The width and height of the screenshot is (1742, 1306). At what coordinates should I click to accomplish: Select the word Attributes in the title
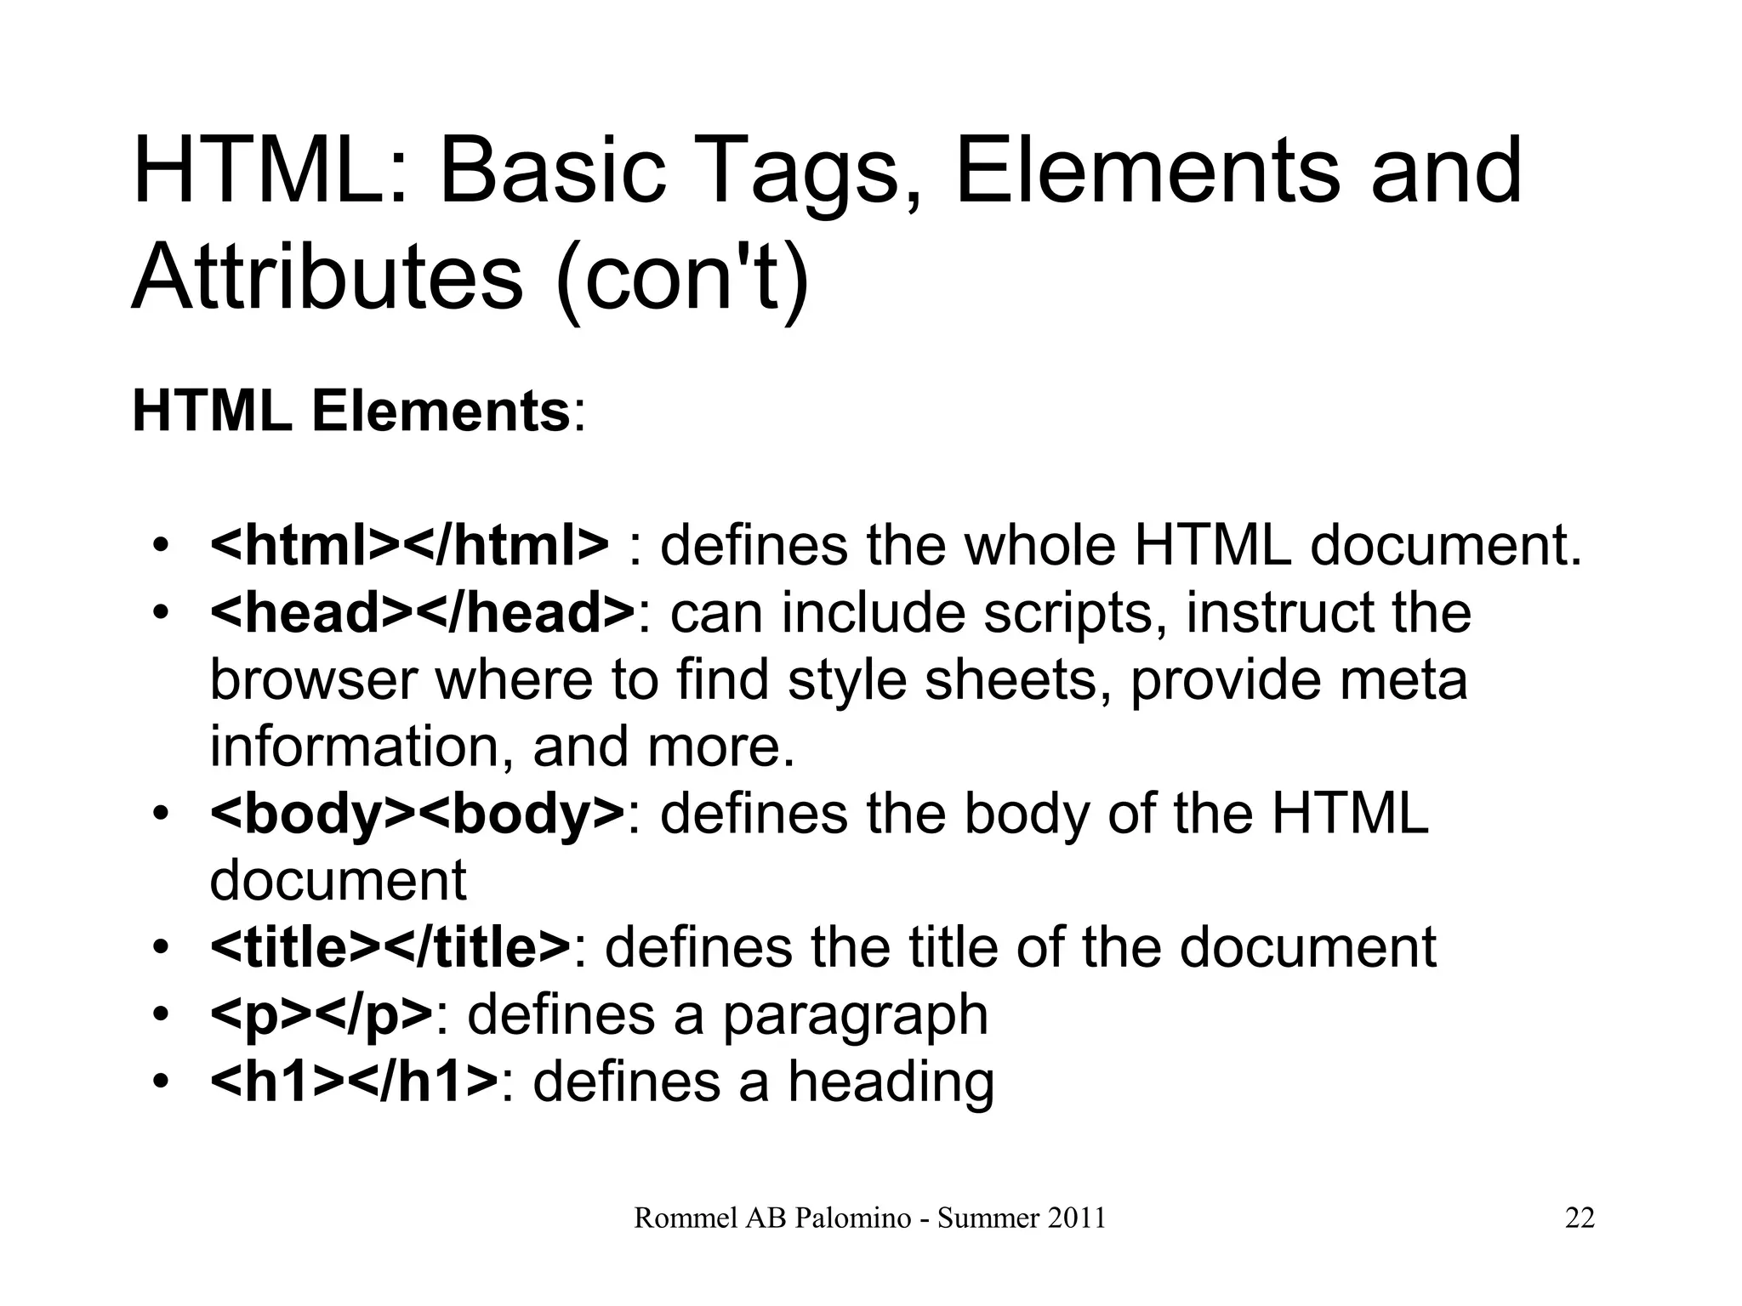(x=327, y=278)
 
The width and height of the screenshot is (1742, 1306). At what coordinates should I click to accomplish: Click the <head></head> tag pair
(x=422, y=612)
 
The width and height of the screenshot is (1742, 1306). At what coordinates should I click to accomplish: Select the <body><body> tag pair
(x=417, y=813)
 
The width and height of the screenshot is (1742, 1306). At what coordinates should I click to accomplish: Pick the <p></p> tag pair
(x=322, y=1014)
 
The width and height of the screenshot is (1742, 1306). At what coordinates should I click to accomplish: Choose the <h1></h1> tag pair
(x=354, y=1082)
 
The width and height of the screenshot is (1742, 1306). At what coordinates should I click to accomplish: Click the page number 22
(x=1580, y=1218)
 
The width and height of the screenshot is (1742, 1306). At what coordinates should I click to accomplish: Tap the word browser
(x=314, y=680)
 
